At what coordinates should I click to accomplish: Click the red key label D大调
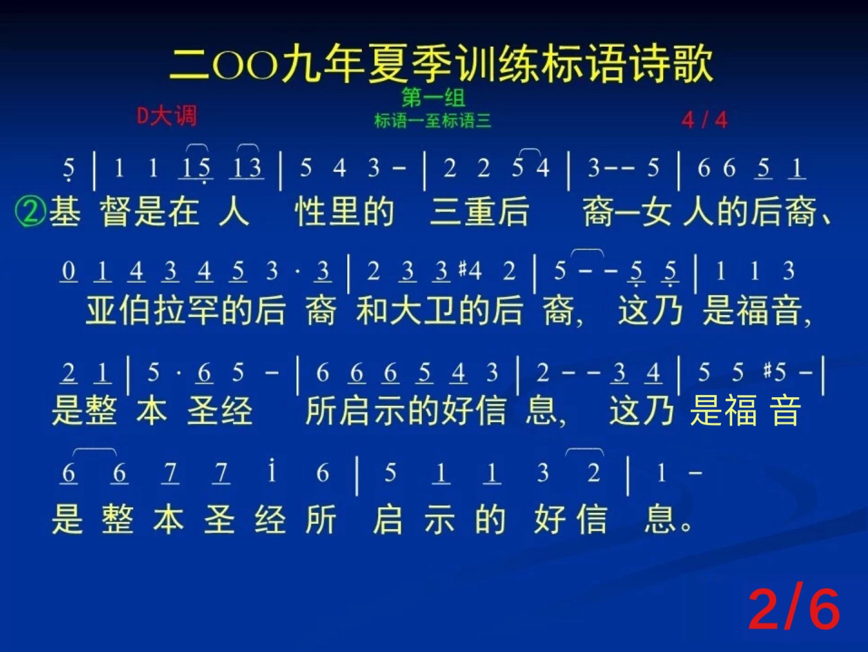[166, 116]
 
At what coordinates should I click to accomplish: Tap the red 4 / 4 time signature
[705, 120]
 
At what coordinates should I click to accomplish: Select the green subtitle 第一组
[433, 98]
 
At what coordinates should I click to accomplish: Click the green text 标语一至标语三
[433, 121]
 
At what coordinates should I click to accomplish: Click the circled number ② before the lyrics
[30, 212]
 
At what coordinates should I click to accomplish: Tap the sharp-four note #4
[470, 271]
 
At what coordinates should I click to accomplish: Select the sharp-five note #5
[775, 372]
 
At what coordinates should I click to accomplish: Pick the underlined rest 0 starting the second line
[68, 272]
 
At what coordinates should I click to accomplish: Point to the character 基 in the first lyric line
[65, 212]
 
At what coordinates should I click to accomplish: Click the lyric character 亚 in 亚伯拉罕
[101, 311]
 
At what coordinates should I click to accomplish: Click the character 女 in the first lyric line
[657, 212]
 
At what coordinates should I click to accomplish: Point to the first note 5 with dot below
[69, 170]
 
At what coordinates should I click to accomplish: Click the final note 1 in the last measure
[661, 473]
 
